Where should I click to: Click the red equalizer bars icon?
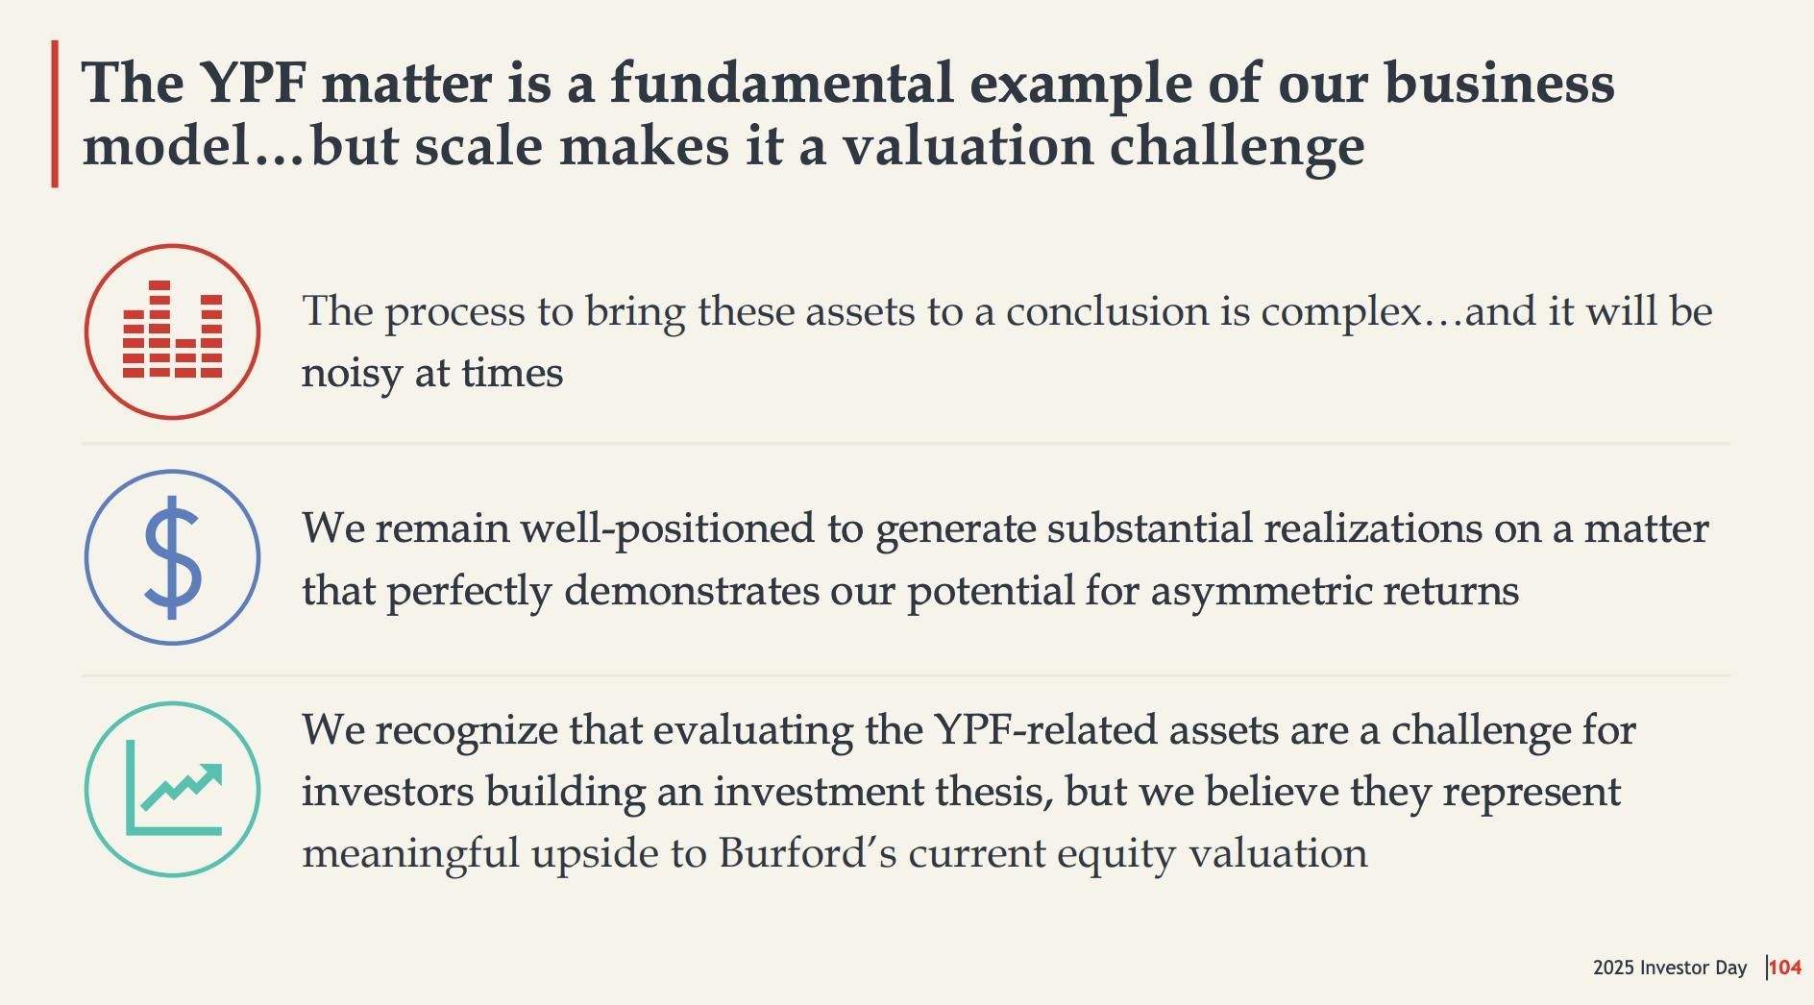(172, 331)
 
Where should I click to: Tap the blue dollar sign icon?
(172, 557)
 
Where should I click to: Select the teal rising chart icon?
(172, 789)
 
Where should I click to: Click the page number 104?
(1785, 968)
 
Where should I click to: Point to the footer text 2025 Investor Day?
(1669, 968)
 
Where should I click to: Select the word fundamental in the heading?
(781, 83)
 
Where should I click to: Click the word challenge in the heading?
(1238, 148)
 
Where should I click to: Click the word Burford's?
(807, 852)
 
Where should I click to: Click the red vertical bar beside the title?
(55, 113)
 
